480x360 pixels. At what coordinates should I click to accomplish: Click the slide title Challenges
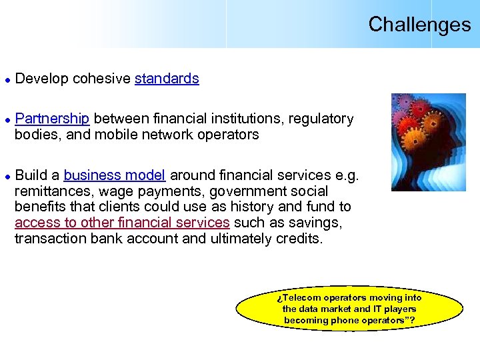(419, 25)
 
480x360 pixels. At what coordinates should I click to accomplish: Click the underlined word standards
(167, 79)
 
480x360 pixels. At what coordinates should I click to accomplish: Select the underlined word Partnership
(52, 119)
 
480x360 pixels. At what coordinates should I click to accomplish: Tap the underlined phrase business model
(114, 175)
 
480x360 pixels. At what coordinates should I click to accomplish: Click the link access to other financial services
(122, 223)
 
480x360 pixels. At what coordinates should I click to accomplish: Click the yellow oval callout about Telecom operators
(349, 309)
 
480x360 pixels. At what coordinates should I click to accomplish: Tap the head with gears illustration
(428, 142)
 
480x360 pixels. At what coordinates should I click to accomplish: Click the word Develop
(41, 79)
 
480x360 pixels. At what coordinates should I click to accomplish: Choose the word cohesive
(101, 79)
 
